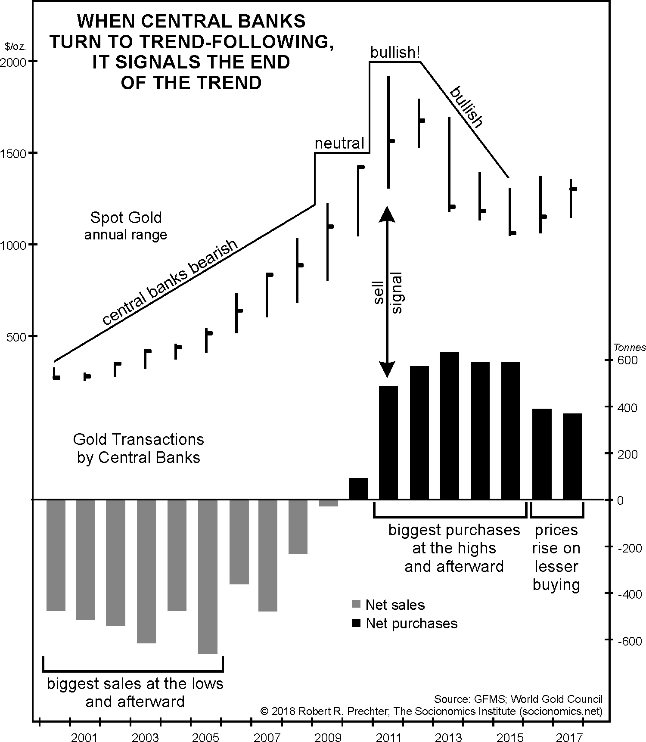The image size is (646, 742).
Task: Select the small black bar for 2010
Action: (358, 489)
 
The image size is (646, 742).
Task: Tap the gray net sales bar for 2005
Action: (208, 577)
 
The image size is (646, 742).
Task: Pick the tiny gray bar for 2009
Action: (328, 503)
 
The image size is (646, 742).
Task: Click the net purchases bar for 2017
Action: (572, 456)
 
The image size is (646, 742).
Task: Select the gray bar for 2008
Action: (298, 527)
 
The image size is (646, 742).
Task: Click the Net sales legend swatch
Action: (356, 604)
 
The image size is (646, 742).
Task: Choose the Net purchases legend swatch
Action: (356, 623)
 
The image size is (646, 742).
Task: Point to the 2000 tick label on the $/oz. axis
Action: (13, 62)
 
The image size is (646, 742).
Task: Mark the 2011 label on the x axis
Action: (389, 726)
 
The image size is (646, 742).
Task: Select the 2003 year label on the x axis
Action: (146, 726)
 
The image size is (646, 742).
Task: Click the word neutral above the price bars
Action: (339, 143)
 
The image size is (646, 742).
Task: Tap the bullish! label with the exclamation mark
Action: (395, 53)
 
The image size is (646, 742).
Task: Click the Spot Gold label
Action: (126, 217)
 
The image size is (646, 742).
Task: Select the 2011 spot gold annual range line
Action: (388, 132)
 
